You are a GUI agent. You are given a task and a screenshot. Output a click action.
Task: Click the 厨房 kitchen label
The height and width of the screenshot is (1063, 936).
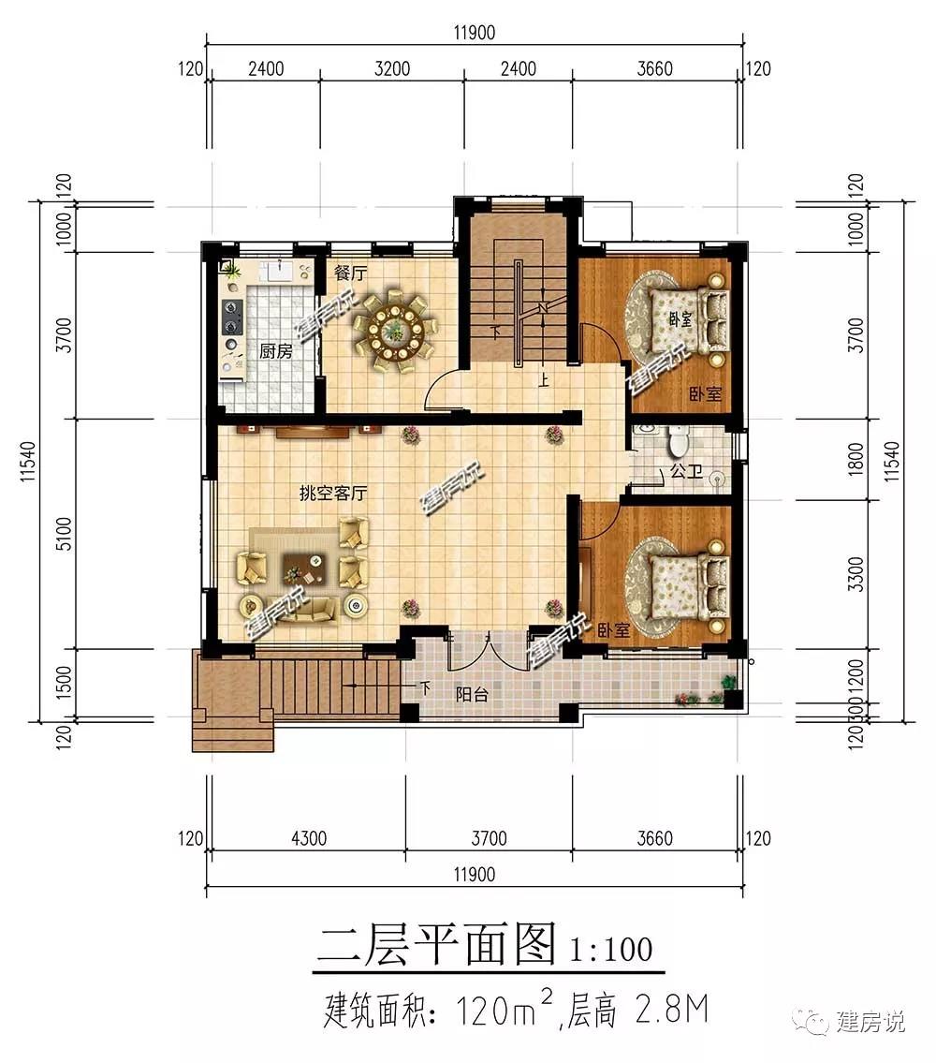pos(276,351)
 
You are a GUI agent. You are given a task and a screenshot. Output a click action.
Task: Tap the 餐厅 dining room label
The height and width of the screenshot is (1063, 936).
pos(350,273)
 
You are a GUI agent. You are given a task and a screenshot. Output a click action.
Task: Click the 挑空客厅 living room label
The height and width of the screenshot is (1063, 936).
pos(332,493)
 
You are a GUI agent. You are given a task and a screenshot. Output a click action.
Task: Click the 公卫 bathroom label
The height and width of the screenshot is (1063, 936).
pos(686,470)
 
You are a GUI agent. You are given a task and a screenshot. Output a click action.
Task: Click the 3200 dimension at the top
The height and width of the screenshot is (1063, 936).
pos(392,68)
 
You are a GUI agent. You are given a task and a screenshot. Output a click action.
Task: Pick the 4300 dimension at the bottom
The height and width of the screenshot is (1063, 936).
pos(308,838)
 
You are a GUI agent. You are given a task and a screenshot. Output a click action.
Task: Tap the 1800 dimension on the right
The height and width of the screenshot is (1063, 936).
pos(856,459)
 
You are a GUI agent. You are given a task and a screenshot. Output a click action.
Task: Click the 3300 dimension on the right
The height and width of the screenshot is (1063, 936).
pos(856,574)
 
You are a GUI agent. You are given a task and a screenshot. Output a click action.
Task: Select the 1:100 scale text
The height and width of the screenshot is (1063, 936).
pos(610,949)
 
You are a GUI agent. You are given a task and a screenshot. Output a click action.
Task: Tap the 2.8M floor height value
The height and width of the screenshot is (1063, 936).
pos(672,1011)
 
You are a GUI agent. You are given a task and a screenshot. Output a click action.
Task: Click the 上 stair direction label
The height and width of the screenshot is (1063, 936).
pos(543,379)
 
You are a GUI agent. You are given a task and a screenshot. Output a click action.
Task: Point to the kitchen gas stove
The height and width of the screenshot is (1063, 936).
pos(233,317)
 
